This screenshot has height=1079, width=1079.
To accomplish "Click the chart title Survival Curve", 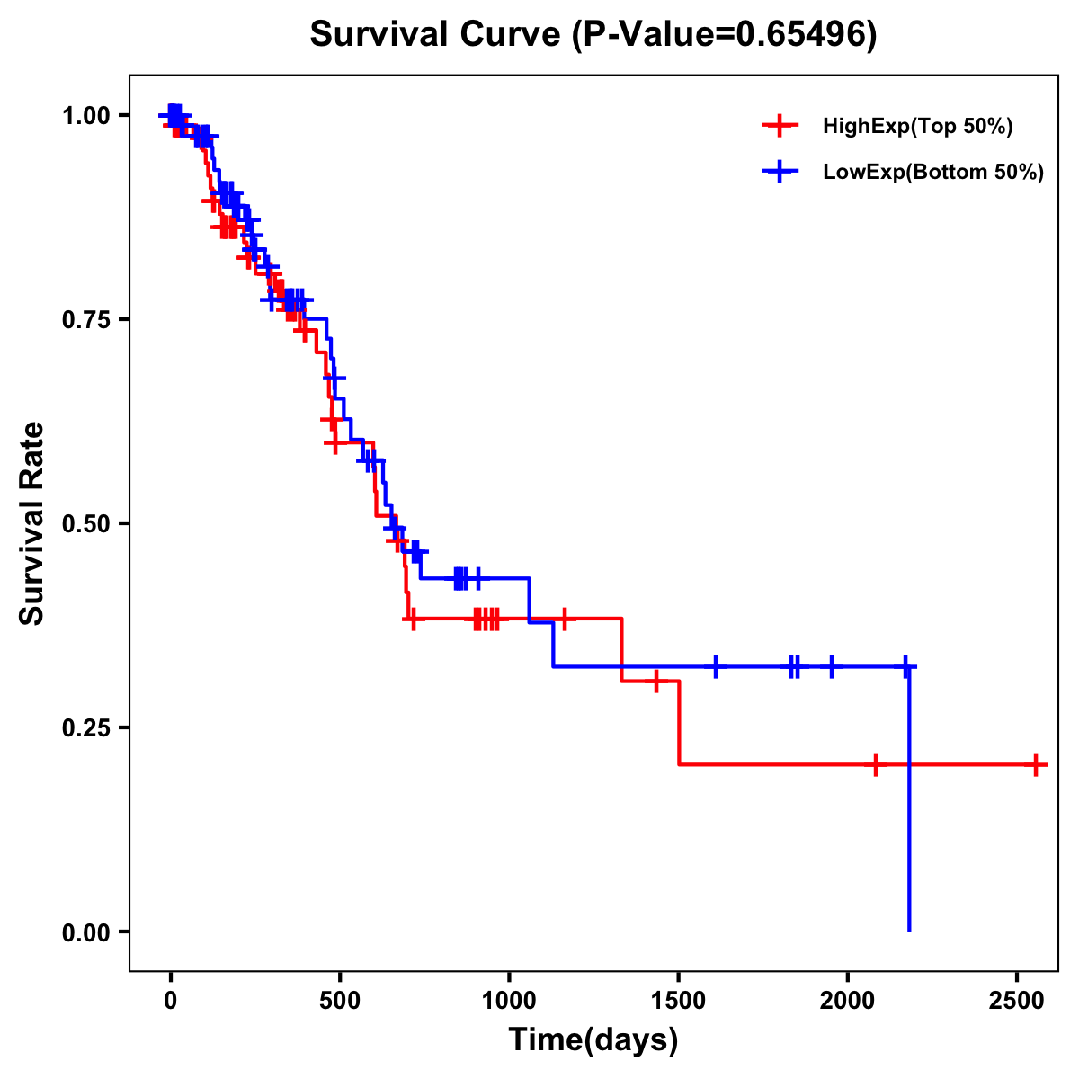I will [x=436, y=34].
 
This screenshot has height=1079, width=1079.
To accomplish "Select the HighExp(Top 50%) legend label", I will [x=918, y=127].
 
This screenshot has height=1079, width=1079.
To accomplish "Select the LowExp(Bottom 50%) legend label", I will [x=933, y=173].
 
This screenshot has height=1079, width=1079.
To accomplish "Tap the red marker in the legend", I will [x=780, y=127].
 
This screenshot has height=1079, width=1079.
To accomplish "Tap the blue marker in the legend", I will [x=780, y=173].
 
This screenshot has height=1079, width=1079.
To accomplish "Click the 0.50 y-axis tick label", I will [x=90, y=524].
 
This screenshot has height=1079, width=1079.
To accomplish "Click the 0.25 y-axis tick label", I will [x=90, y=728].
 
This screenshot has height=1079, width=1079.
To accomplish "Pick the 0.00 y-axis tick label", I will [x=90, y=932].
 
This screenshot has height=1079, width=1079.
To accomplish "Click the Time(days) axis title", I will [x=593, y=1040].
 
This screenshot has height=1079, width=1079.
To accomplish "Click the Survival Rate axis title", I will [x=32, y=523].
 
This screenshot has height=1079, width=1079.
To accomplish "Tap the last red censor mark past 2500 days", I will [x=1036, y=765].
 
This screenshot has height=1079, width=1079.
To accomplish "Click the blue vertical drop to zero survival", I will [x=909, y=809].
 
